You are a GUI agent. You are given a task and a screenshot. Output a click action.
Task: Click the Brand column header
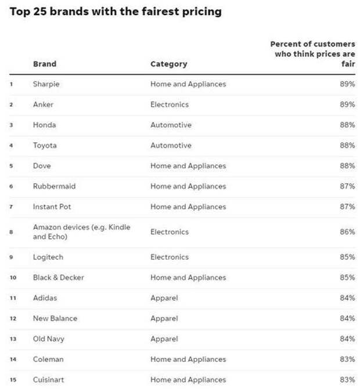(45, 64)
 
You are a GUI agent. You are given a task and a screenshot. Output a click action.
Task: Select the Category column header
(169, 64)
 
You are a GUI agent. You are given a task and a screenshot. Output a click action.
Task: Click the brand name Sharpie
(46, 84)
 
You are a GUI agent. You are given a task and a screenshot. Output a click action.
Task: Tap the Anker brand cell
(43, 105)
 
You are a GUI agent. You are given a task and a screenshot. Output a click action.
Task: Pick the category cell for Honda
(171, 125)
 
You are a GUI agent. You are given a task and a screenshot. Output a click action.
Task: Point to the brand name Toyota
(45, 145)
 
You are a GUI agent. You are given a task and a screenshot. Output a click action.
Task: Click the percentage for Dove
(347, 165)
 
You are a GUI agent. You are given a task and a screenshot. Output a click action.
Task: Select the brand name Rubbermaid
(54, 186)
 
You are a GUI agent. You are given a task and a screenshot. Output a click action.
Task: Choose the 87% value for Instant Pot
(347, 207)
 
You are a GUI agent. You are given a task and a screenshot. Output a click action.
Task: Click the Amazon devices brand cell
(82, 232)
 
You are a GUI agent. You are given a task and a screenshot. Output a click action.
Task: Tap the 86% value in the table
(347, 232)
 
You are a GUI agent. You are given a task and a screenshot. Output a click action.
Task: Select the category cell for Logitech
(170, 257)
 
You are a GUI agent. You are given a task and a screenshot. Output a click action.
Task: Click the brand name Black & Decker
(58, 278)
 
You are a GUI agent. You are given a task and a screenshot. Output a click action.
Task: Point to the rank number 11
(13, 298)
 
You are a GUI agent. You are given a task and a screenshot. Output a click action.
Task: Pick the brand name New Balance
(55, 318)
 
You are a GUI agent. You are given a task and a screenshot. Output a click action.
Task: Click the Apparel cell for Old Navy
(164, 339)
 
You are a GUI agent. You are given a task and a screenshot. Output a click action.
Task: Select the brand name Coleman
(48, 359)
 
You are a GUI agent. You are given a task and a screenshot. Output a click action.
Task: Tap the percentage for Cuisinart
(347, 380)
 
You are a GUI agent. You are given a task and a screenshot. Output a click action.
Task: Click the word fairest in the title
(160, 12)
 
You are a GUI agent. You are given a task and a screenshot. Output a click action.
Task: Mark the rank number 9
(11, 257)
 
